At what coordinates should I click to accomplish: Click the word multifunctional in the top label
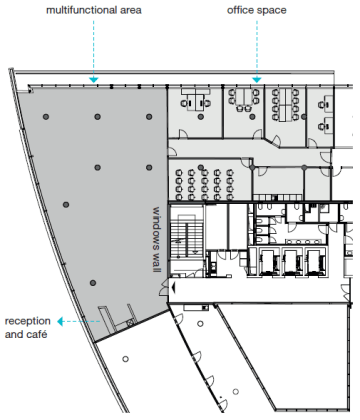(x=79, y=10)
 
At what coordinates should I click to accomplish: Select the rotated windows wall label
(x=157, y=239)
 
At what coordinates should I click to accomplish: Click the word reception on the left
(x=28, y=321)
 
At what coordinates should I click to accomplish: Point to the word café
(x=37, y=334)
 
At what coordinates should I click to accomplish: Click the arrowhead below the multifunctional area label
(x=94, y=80)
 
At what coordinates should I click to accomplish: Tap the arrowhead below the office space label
(x=257, y=80)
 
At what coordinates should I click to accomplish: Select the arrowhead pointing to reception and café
(x=60, y=322)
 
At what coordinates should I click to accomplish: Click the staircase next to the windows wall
(x=186, y=239)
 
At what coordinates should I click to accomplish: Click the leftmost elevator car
(x=270, y=262)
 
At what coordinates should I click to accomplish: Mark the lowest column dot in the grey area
(x=93, y=283)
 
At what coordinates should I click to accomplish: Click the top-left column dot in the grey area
(x=46, y=117)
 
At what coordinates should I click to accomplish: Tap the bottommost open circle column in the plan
(x=236, y=391)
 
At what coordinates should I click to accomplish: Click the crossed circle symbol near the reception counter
(x=130, y=322)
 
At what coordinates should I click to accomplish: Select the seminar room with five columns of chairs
(x=209, y=180)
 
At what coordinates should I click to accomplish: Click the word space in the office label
(x=271, y=11)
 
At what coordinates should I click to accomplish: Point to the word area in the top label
(x=129, y=10)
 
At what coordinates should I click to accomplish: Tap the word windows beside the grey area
(x=157, y=226)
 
